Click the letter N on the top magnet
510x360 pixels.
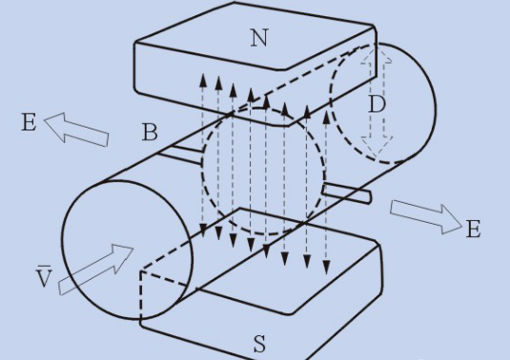tap(259, 38)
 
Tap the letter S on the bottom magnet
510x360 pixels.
tap(259, 344)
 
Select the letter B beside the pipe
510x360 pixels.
tap(150, 132)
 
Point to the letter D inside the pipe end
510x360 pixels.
tap(377, 105)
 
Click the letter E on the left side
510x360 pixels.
tap(29, 123)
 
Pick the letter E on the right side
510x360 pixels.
tap(473, 229)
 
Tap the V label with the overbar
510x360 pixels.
tap(44, 276)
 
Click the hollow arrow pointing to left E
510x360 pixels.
tap(76, 130)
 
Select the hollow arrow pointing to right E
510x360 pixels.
tap(426, 217)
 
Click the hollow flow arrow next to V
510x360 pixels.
tap(96, 270)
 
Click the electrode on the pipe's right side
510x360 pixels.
tap(346, 193)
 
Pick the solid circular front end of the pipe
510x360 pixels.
tap(127, 250)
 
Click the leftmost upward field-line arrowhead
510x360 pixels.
tap(203, 80)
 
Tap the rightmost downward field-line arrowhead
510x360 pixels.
tap(327, 267)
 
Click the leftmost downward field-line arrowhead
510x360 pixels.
tap(203, 230)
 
